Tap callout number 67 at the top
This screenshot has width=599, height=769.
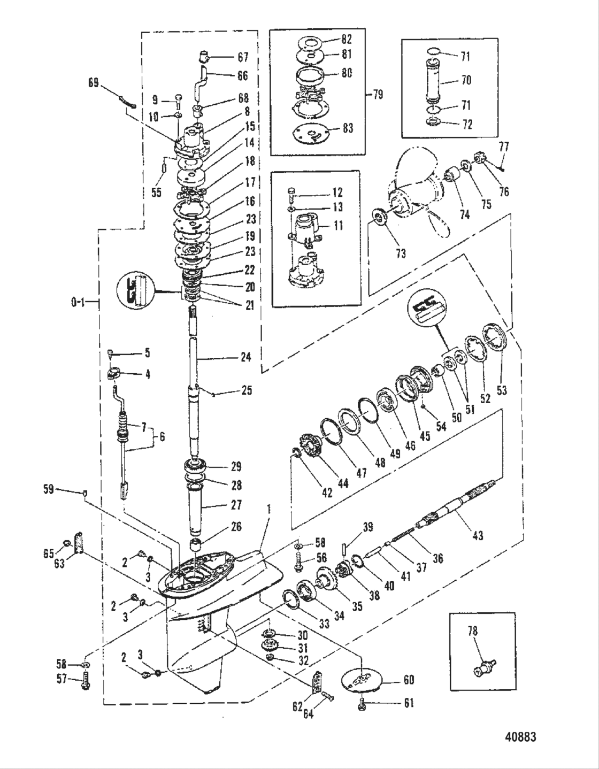(243, 57)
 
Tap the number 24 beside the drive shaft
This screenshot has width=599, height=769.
(245, 357)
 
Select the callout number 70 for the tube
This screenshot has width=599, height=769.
(465, 80)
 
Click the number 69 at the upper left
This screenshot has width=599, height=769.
(94, 83)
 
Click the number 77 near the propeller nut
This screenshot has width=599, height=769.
(503, 147)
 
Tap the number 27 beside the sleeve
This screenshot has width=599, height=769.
(235, 504)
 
